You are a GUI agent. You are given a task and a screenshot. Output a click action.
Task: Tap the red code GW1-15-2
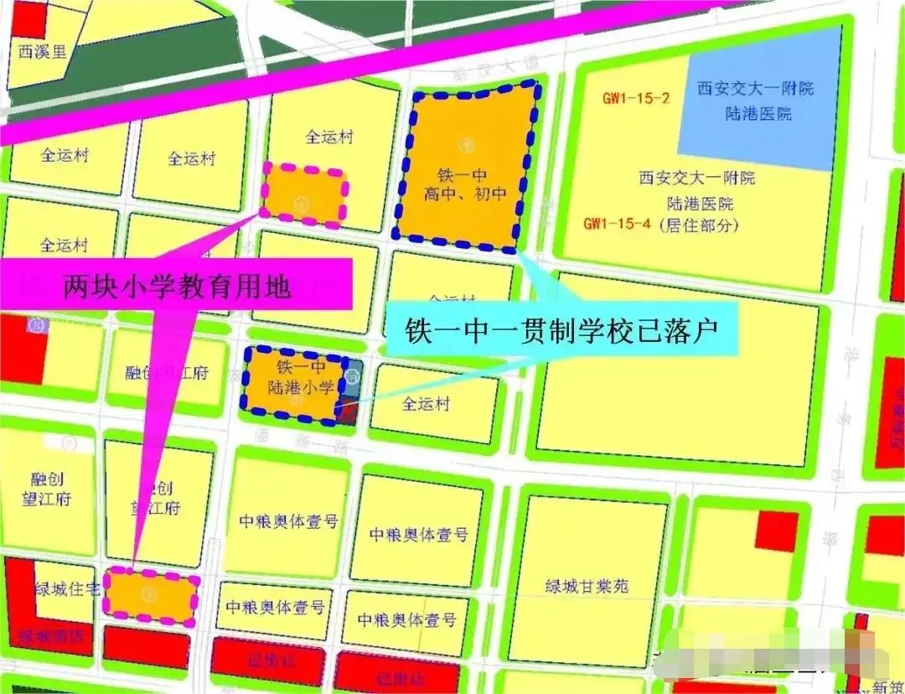[637, 98]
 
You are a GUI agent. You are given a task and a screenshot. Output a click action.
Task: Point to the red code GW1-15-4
[618, 225]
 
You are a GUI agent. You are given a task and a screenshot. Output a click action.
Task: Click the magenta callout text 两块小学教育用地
[177, 287]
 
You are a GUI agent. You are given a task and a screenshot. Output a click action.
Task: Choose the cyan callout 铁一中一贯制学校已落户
[561, 329]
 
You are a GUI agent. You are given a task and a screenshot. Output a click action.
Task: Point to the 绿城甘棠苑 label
[587, 586]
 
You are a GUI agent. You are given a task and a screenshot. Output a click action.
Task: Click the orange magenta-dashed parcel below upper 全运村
[304, 195]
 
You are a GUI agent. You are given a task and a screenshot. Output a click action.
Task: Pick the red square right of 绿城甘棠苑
[777, 531]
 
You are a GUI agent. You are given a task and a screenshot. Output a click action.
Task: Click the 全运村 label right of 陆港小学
[426, 404]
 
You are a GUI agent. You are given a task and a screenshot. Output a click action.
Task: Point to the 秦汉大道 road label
[472, 74]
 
